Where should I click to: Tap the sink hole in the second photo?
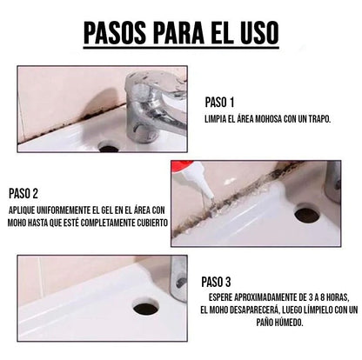point(306,213)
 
